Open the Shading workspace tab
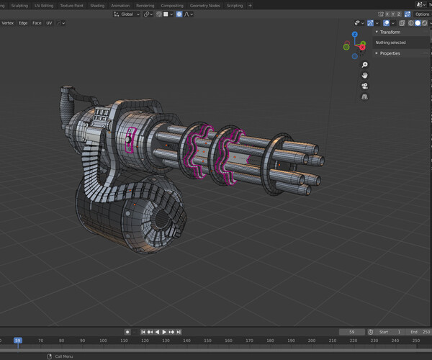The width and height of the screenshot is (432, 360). click(x=97, y=5)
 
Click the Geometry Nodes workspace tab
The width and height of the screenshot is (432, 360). click(x=204, y=5)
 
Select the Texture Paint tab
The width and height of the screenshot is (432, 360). click(x=71, y=5)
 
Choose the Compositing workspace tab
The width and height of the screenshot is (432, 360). click(x=172, y=5)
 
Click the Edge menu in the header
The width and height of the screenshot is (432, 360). click(x=23, y=23)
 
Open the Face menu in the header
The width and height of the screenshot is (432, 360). click(x=37, y=23)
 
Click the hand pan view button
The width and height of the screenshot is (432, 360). click(x=365, y=75)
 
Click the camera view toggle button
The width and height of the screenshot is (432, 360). click(x=365, y=86)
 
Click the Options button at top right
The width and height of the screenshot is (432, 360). click(x=421, y=14)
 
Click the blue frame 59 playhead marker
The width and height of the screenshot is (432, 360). click(x=18, y=341)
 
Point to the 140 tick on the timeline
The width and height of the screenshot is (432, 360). click(x=186, y=341)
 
